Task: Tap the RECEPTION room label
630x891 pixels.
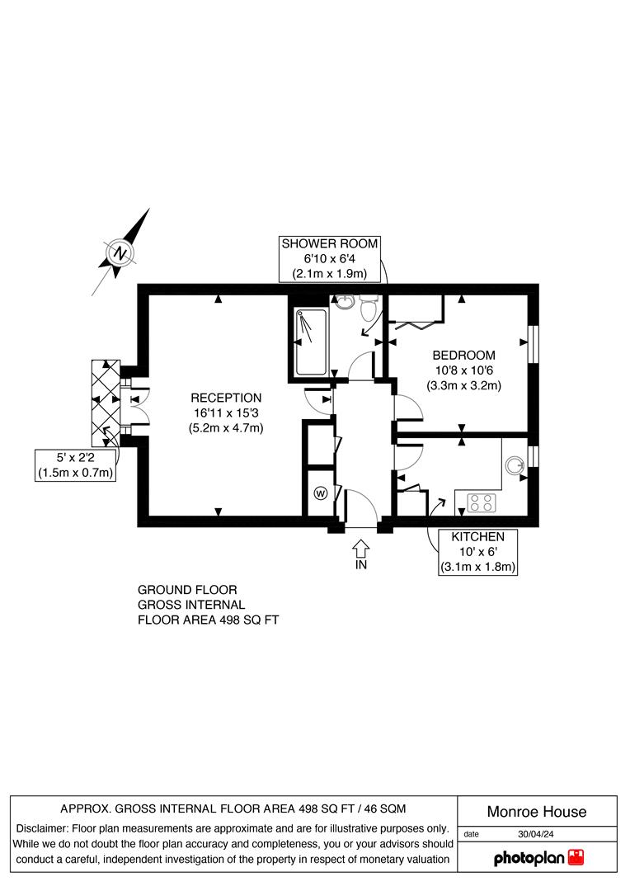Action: (226, 398)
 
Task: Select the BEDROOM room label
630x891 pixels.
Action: (464, 356)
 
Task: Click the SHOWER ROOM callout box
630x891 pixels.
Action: (330, 258)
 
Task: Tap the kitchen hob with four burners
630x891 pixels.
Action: (480, 501)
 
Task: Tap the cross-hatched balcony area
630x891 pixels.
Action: (105, 401)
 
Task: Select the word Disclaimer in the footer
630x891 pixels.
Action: (42, 828)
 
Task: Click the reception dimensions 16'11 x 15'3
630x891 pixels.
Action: (226, 412)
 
